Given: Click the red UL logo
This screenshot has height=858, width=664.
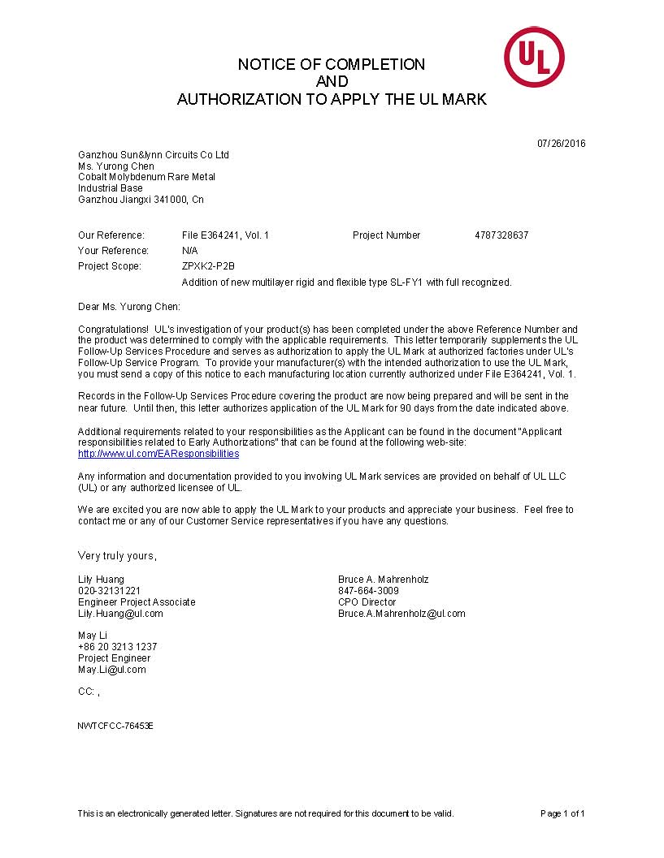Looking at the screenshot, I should pyautogui.click(x=534, y=57).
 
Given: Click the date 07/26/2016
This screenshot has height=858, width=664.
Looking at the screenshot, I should pyautogui.click(x=561, y=144).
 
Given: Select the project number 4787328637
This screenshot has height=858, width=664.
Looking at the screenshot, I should pyautogui.click(x=501, y=235).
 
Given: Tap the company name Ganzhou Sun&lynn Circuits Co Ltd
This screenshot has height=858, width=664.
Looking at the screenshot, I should pyautogui.click(x=154, y=154).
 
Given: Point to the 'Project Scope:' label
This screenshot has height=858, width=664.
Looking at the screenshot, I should pyautogui.click(x=110, y=266).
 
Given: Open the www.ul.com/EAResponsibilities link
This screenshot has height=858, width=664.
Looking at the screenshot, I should pyautogui.click(x=158, y=454).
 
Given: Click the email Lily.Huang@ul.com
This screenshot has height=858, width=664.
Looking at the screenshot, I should pyautogui.click(x=120, y=614).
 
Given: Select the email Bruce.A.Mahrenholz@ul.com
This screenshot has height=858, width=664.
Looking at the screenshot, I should pyautogui.click(x=401, y=614).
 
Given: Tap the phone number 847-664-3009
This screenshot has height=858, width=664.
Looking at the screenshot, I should pyautogui.click(x=368, y=591).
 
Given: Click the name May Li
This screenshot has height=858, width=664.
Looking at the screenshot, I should pyautogui.click(x=93, y=635).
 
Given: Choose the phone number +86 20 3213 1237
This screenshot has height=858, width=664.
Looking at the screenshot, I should pyautogui.click(x=118, y=647).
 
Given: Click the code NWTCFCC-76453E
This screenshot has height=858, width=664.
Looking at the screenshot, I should pyautogui.click(x=115, y=725).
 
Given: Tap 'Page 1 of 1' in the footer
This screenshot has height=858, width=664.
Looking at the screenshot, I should pyautogui.click(x=562, y=813).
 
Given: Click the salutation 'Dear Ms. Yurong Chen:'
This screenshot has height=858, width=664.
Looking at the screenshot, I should pyautogui.click(x=129, y=307).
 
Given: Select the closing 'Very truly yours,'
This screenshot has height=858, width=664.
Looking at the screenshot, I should pyautogui.click(x=117, y=556).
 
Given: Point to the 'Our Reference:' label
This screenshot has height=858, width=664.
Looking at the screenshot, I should pyautogui.click(x=111, y=235).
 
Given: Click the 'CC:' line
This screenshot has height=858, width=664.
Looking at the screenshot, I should pyautogui.click(x=89, y=692).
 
